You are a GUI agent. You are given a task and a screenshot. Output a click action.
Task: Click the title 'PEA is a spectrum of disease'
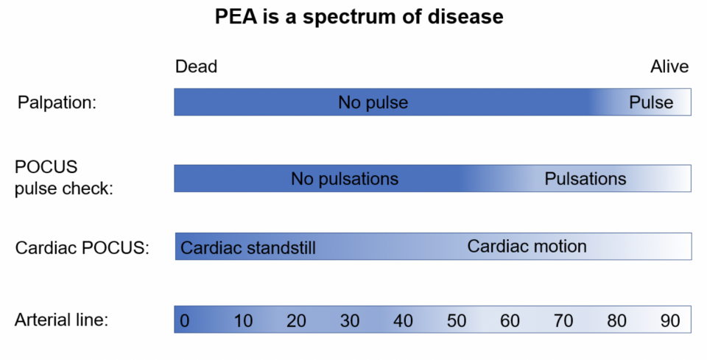(359, 17)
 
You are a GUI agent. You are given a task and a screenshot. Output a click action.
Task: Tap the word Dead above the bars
(196, 67)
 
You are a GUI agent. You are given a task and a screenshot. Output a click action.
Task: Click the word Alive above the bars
(669, 67)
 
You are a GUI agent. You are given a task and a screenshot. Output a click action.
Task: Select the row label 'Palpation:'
(57, 103)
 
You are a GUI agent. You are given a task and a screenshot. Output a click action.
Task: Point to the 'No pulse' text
(373, 103)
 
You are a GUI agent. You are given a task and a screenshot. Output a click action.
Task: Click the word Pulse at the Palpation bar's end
(651, 103)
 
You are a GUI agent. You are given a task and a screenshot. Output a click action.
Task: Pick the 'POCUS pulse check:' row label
(63, 177)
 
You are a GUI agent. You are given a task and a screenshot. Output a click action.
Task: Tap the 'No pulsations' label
(345, 179)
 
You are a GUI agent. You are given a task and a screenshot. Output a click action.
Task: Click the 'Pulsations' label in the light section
(585, 179)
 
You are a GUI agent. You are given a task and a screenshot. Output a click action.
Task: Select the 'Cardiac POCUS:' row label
(82, 248)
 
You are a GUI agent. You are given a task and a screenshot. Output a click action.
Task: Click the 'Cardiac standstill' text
(248, 248)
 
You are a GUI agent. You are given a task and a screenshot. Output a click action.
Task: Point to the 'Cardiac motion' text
(527, 247)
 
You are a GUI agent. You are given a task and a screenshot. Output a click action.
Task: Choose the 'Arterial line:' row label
(61, 320)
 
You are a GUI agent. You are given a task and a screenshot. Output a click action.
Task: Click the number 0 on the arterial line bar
(184, 321)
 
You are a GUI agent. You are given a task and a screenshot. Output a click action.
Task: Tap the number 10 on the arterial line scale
(243, 321)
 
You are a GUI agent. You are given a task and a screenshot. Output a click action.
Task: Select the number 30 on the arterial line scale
(349, 321)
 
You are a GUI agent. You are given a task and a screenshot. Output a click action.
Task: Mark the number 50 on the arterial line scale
(457, 321)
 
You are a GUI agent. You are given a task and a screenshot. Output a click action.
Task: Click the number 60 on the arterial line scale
(510, 321)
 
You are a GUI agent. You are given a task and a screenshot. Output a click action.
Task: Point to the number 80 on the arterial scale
(616, 321)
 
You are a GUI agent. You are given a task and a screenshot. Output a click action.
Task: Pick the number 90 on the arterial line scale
(670, 321)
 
